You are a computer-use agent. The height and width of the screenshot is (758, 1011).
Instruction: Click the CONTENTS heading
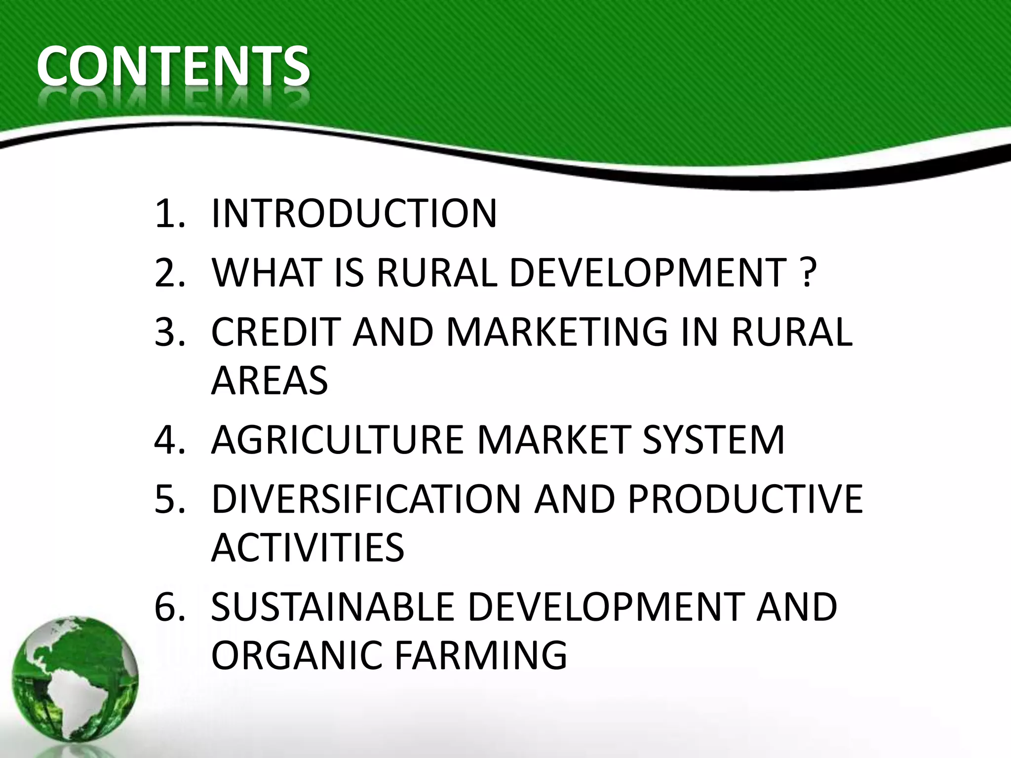click(173, 67)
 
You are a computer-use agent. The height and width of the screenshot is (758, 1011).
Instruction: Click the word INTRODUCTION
click(354, 214)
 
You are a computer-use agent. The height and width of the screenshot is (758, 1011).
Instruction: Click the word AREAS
click(270, 380)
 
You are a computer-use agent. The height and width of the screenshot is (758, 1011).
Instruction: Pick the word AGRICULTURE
click(337, 439)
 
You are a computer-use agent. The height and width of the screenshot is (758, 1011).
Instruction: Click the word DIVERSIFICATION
click(366, 499)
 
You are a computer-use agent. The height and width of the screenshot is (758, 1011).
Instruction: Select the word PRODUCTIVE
click(745, 499)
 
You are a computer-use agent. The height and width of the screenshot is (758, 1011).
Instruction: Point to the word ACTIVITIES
click(308, 547)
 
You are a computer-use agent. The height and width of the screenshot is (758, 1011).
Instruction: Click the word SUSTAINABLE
click(332, 606)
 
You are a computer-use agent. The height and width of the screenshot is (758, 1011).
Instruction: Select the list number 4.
click(169, 439)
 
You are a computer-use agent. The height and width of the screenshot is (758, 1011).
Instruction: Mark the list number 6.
click(169, 606)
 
